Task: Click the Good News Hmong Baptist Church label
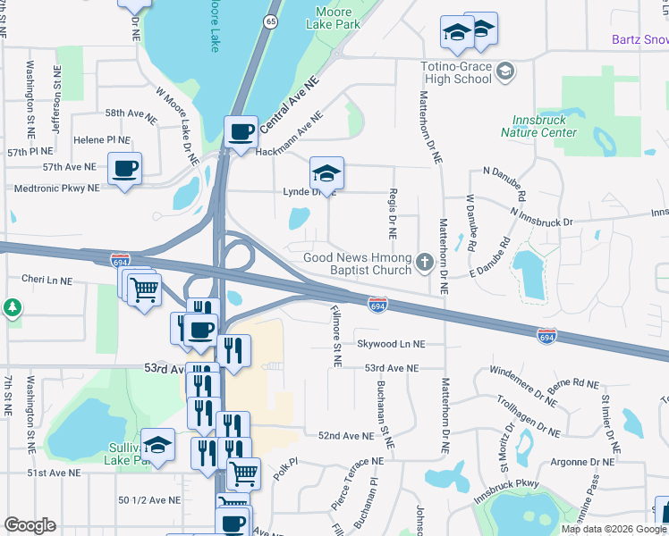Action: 357,264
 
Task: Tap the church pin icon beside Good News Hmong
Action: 425,264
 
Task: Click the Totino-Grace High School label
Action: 456,71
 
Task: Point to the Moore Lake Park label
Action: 338,18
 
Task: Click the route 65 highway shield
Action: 270,21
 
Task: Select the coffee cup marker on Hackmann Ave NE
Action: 241,133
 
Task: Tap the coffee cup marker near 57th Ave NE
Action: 125,168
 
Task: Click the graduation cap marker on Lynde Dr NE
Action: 326,172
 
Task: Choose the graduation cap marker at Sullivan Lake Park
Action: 157,448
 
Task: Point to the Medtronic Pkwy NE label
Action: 55,188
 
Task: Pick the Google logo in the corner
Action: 30,525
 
